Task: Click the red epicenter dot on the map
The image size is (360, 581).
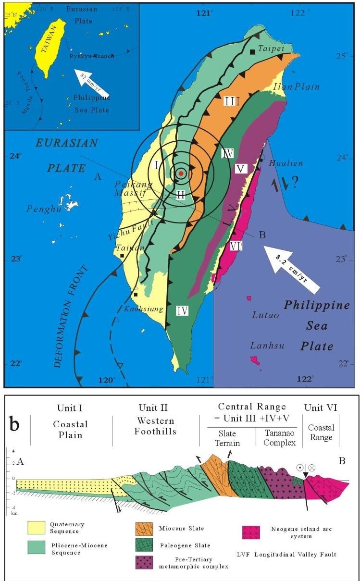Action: (x=180, y=173)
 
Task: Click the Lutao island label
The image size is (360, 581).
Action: (x=264, y=315)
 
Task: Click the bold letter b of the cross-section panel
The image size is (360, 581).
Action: (x=16, y=426)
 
